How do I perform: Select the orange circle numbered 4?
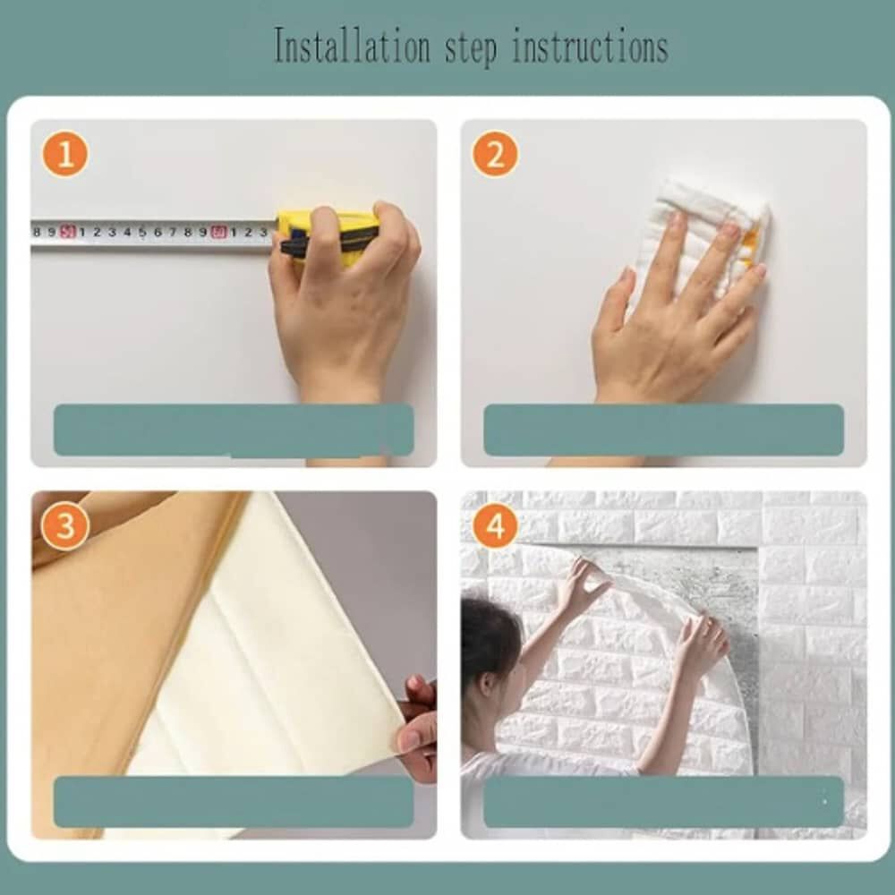pos(495,525)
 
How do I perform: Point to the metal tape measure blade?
pos(152,233)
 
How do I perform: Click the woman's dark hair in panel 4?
pos(488,640)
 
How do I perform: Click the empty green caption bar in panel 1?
pos(233,430)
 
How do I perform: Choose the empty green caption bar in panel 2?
pos(663,430)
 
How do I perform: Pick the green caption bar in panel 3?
pos(233,801)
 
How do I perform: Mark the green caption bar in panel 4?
pos(663,801)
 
